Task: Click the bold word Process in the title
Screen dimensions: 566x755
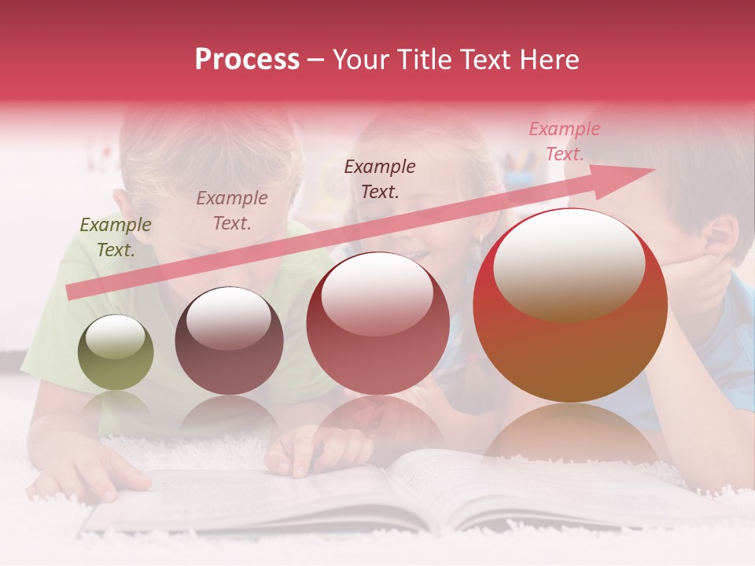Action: (x=247, y=60)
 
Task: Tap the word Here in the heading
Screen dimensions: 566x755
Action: (x=551, y=60)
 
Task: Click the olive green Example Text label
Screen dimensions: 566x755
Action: (x=116, y=237)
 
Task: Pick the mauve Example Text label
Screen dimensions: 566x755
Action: (x=232, y=211)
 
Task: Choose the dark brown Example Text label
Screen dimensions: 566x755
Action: (x=380, y=179)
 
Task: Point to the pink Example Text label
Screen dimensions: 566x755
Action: (x=564, y=141)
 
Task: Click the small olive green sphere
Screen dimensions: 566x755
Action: (x=116, y=353)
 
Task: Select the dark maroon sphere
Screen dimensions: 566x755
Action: (x=229, y=341)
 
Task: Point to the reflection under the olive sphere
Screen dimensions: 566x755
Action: (x=116, y=405)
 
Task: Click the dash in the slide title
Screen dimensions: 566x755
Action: (x=316, y=61)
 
